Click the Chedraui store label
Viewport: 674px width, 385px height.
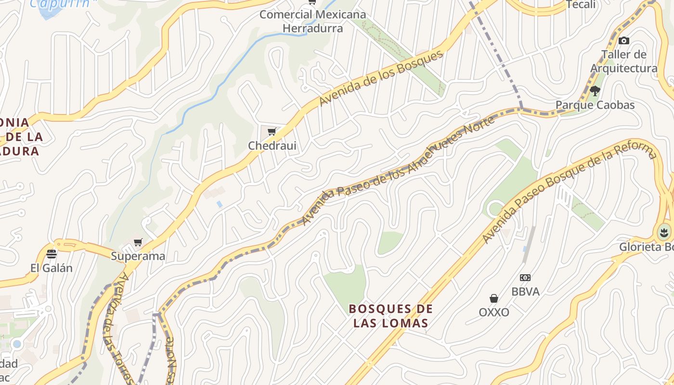(x=272, y=145)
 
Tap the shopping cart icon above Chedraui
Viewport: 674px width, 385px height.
(x=272, y=131)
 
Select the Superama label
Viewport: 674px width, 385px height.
(x=138, y=256)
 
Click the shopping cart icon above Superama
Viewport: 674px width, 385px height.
(x=138, y=242)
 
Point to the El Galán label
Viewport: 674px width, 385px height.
(x=52, y=268)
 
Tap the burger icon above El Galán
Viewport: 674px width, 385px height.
(x=52, y=254)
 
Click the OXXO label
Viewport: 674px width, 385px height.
(x=494, y=312)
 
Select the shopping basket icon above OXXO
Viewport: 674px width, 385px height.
(x=494, y=298)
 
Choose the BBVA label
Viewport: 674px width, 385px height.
(x=525, y=292)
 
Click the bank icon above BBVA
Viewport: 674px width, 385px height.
(x=525, y=278)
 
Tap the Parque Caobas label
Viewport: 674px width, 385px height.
(x=595, y=105)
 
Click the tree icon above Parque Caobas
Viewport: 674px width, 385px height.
(x=595, y=90)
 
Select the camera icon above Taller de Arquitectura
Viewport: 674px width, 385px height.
(x=624, y=41)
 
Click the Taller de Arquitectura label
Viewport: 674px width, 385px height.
(x=623, y=61)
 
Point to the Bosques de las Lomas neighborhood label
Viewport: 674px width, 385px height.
(x=390, y=316)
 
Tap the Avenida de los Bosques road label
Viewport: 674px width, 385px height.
(x=381, y=78)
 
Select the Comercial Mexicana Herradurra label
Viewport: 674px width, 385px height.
(x=313, y=21)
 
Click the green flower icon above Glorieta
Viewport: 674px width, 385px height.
(x=664, y=233)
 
